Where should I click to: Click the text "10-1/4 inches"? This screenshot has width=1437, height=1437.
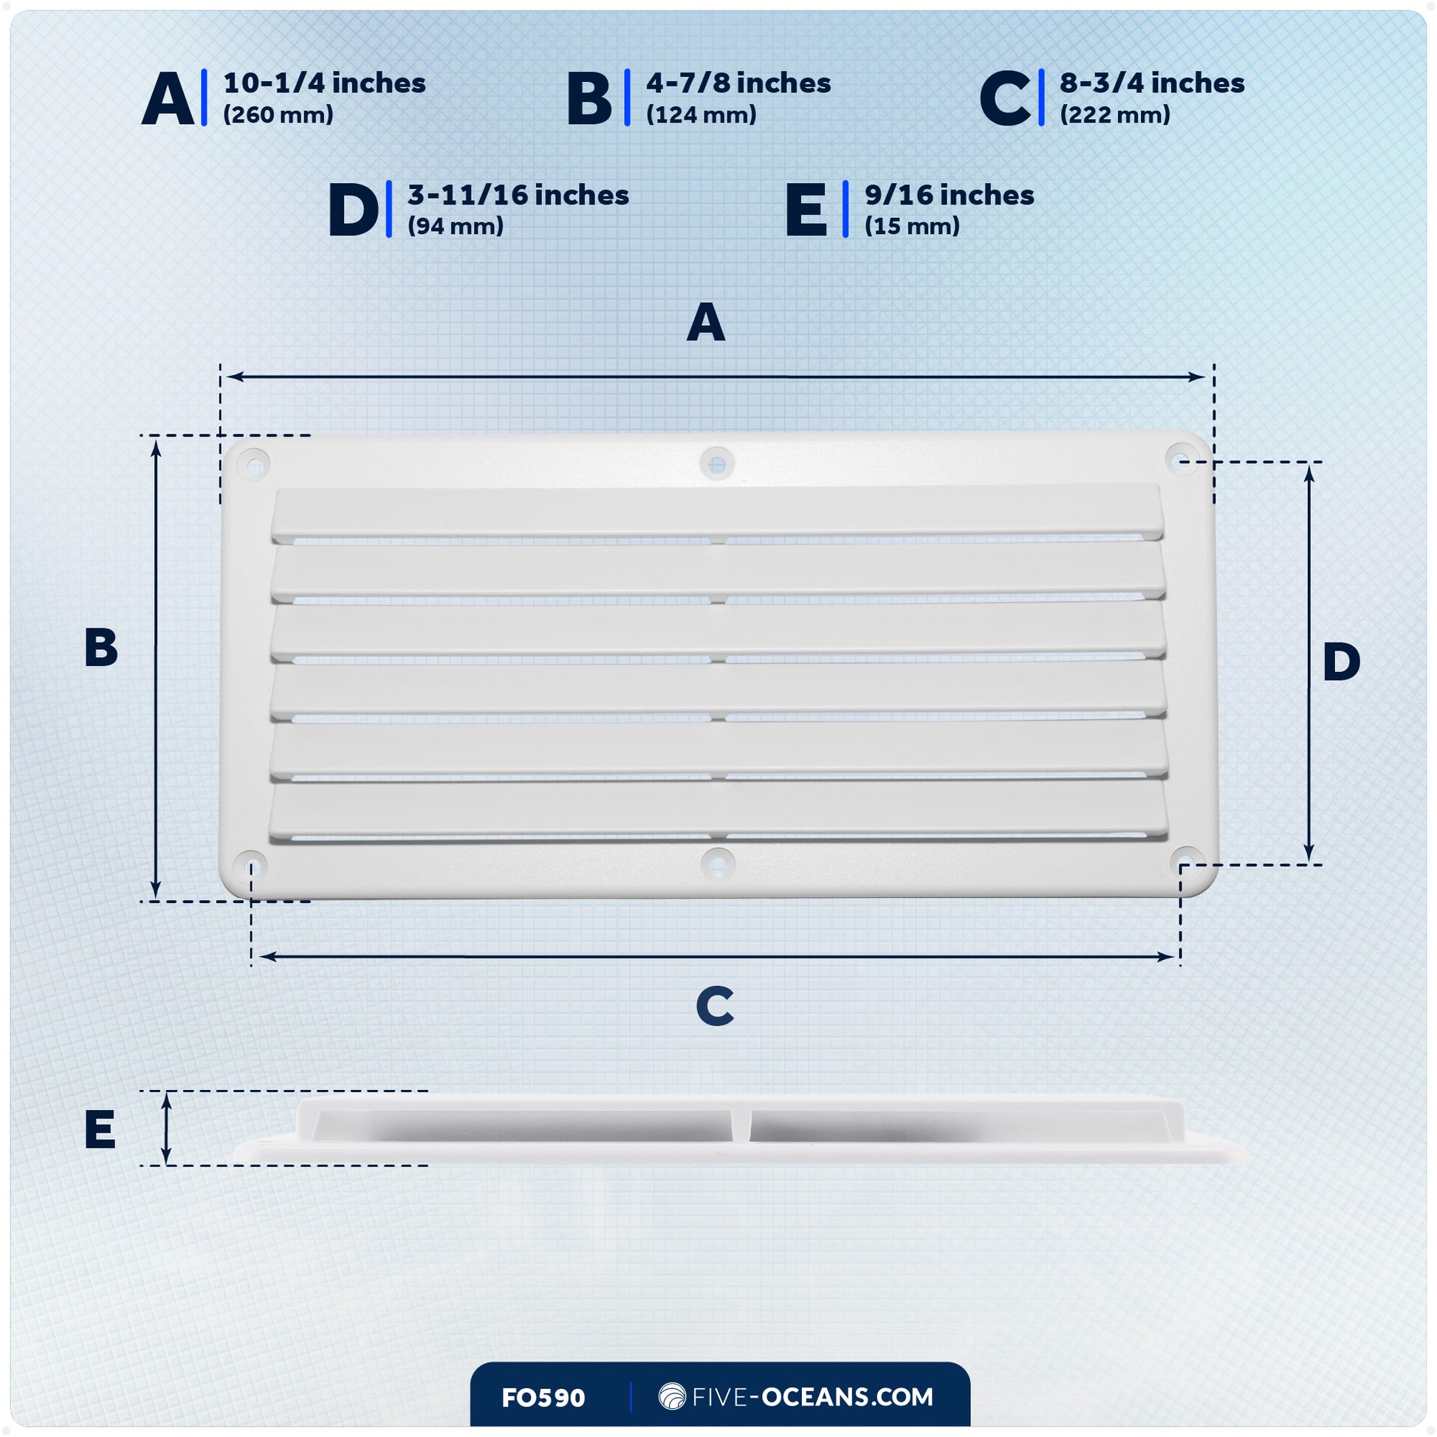click(324, 83)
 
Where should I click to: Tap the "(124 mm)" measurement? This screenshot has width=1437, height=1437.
click(701, 114)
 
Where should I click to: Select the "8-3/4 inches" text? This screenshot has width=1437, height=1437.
click(1151, 83)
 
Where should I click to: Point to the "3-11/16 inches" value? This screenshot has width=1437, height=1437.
click(518, 195)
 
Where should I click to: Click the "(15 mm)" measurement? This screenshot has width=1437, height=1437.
click(912, 226)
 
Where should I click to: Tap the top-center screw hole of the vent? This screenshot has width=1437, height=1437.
click(717, 464)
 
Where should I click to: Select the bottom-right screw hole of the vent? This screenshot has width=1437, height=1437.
click(1187, 862)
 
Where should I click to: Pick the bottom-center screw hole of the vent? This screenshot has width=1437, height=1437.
click(718, 864)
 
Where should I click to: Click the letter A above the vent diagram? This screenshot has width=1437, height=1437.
click(705, 322)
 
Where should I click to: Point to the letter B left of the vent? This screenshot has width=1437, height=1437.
click(101, 647)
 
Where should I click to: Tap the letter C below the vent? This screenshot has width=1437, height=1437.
click(715, 1006)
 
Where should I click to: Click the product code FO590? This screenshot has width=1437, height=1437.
click(543, 1398)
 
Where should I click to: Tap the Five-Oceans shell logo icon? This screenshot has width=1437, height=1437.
click(672, 1396)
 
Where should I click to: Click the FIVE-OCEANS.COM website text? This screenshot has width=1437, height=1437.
click(812, 1397)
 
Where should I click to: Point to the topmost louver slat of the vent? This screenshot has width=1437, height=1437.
click(716, 512)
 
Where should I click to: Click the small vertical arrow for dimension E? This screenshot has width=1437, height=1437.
click(166, 1128)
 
